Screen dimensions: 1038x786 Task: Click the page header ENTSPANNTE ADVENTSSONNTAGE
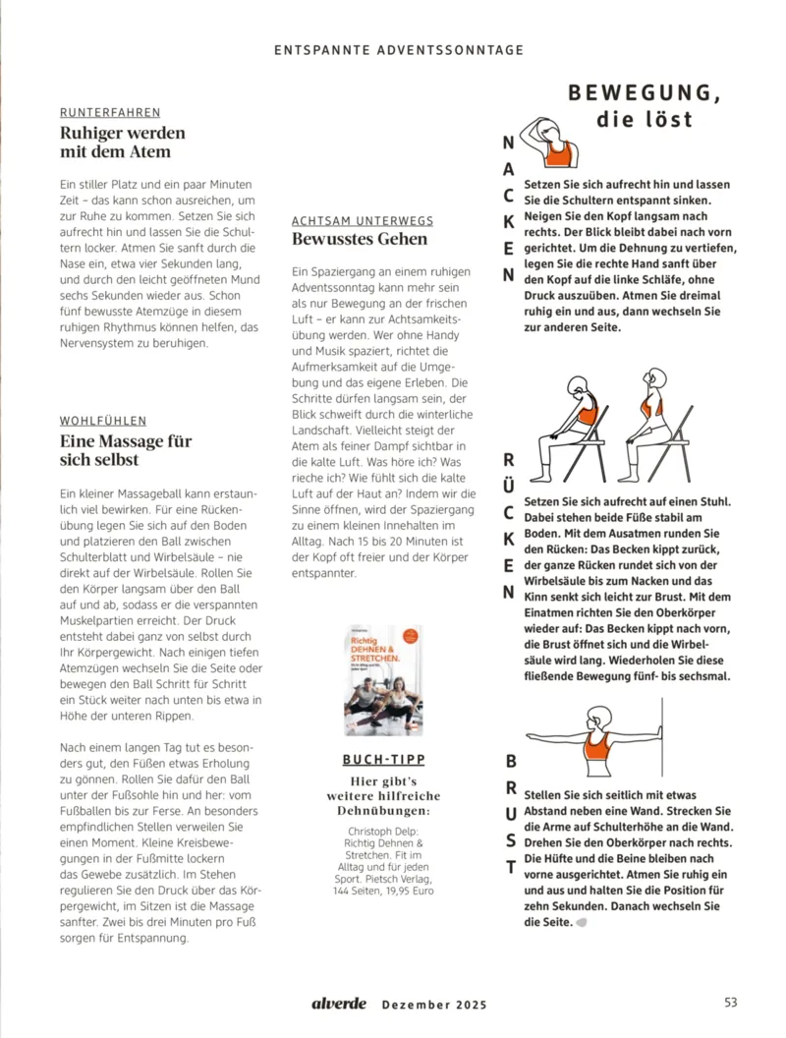(398, 49)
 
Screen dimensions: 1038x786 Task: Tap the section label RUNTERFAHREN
(110, 113)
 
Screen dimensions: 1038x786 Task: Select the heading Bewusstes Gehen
(360, 239)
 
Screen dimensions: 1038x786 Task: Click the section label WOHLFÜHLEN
(103, 422)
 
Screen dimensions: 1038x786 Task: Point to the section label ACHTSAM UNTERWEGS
(363, 221)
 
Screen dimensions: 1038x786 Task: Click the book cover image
(383, 681)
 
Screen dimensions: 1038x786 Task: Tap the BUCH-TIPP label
(383, 760)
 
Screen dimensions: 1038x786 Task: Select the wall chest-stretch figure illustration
(595, 741)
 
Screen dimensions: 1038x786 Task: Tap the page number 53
(730, 1003)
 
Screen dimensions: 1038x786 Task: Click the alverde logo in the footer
(339, 1004)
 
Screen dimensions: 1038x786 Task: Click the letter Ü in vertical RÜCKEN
(509, 486)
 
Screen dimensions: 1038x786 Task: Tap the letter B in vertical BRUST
(510, 762)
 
